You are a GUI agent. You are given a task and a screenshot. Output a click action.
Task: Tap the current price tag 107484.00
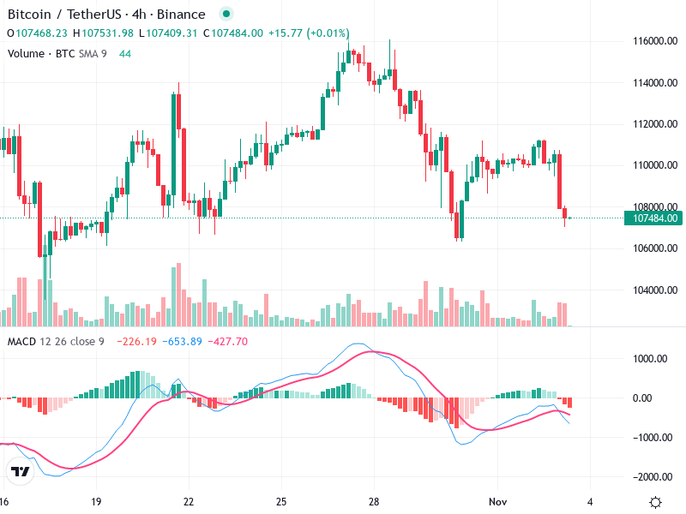[655, 218]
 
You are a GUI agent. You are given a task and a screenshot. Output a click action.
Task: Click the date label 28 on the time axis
[374, 502]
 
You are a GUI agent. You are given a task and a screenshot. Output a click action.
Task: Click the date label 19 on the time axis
[96, 502]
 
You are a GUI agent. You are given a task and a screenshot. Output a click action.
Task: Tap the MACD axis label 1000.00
[648, 359]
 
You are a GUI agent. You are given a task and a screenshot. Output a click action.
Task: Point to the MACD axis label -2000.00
[648, 477]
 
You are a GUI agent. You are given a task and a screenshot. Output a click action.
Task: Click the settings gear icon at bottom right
[656, 503]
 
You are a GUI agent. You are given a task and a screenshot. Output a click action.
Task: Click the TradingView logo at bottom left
[18, 471]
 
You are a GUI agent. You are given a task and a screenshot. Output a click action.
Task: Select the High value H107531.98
[103, 33]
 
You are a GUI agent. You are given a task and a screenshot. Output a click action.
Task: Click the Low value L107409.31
[172, 33]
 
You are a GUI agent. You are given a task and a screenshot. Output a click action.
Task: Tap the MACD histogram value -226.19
[137, 342]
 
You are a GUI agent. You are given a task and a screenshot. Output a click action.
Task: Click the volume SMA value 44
[125, 54]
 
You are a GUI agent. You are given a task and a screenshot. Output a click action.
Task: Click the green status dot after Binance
[226, 15]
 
